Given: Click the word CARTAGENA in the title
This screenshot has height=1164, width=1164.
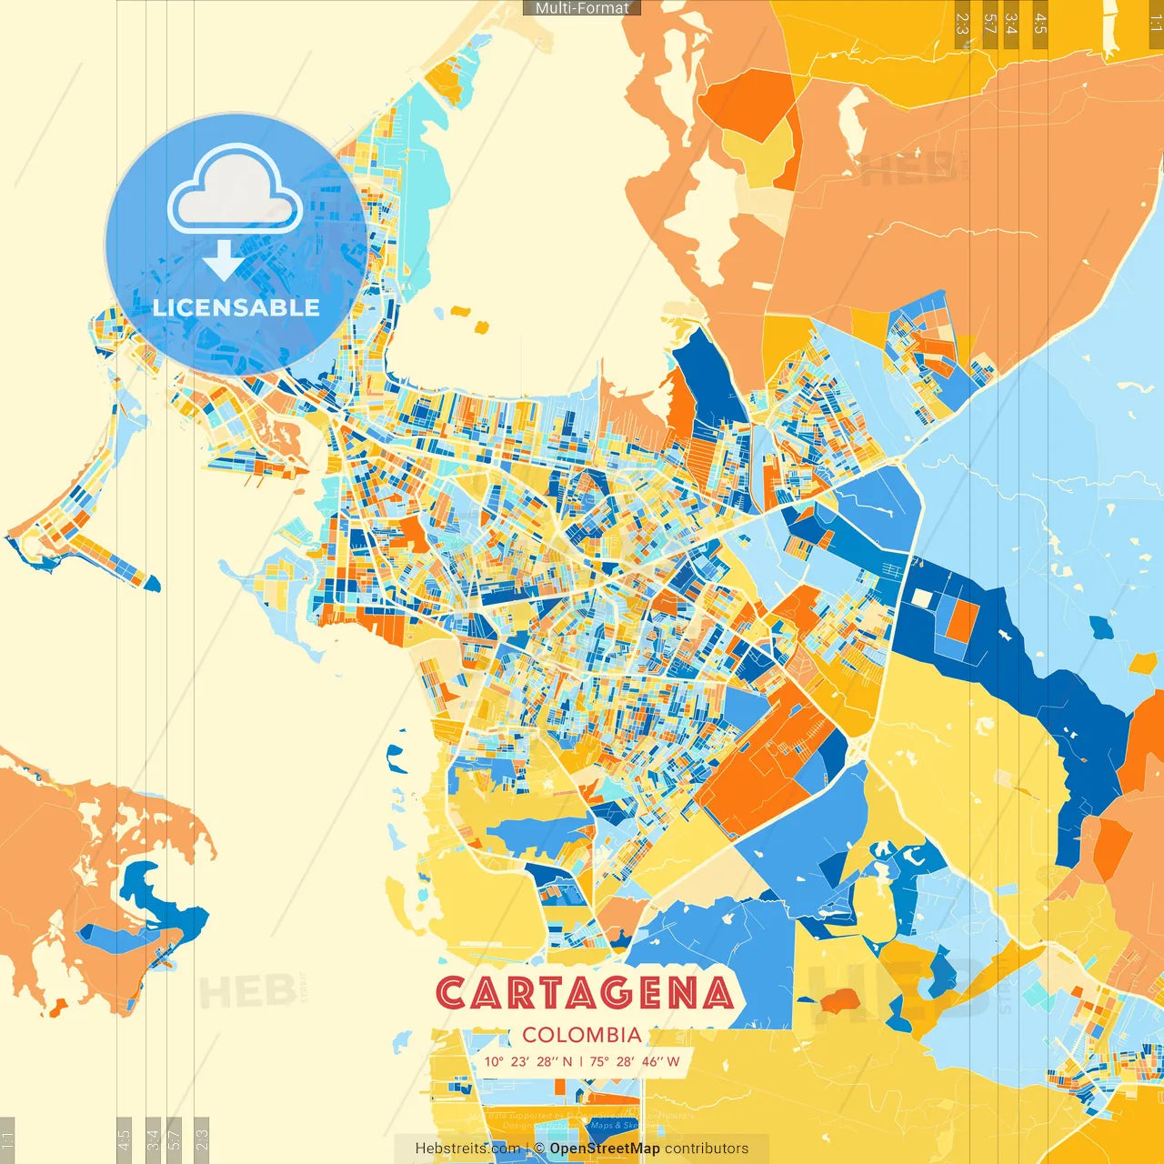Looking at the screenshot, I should (584, 993).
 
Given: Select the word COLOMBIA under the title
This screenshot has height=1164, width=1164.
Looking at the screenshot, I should (582, 1035).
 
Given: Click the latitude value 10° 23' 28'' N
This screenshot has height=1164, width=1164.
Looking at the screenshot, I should (528, 1061).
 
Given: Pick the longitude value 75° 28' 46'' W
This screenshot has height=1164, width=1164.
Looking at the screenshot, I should (635, 1061).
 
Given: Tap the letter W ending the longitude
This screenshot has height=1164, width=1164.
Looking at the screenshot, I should (673, 1061).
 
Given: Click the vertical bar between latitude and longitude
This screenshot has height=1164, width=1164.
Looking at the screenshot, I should (581, 1061).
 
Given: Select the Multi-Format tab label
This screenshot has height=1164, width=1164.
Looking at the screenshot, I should (582, 8).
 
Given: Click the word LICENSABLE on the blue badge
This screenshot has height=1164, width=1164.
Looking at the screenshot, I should (236, 307).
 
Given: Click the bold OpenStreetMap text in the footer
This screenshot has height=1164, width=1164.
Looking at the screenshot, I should (605, 1149).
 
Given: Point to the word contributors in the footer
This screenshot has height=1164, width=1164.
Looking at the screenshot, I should (707, 1149).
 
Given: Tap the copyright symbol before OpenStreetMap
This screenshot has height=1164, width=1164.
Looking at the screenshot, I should (539, 1149).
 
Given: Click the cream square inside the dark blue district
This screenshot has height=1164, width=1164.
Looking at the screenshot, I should (922, 597).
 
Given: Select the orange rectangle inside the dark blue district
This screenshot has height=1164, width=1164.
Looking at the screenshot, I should (961, 619).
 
